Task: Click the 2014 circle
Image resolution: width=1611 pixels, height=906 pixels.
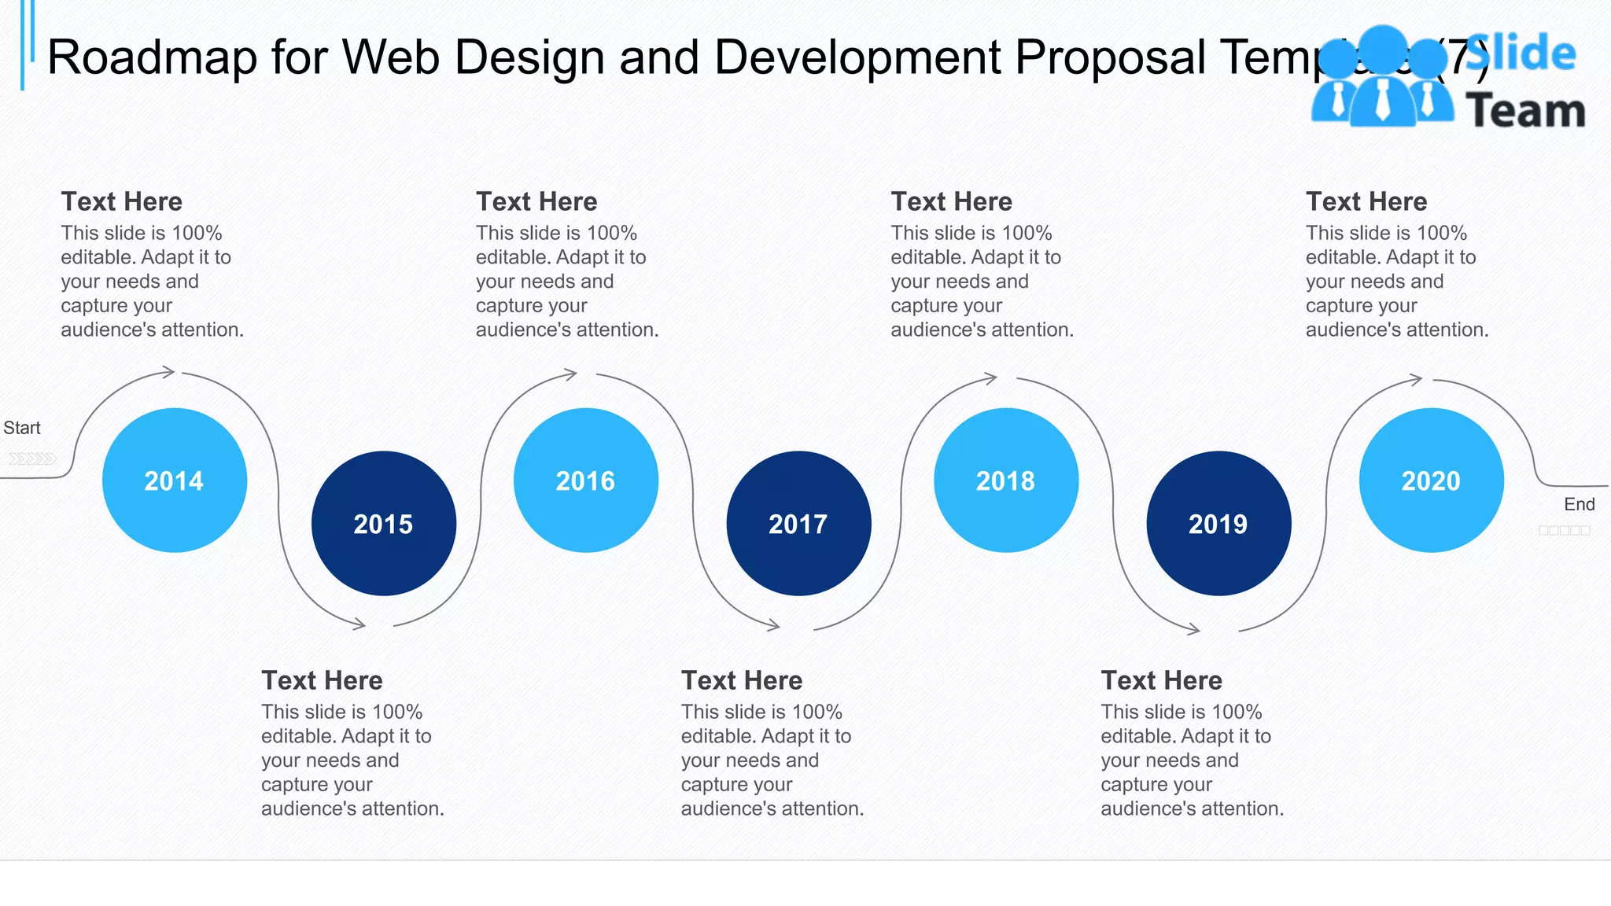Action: click(x=175, y=480)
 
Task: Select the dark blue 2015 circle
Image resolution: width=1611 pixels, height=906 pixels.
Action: click(x=384, y=523)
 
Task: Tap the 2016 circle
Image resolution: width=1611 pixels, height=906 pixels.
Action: click(x=586, y=480)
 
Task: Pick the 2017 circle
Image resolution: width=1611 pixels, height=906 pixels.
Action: click(x=798, y=523)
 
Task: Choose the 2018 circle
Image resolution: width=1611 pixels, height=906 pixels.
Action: click(x=1006, y=480)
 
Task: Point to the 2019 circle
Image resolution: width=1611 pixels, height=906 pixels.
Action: click(x=1218, y=523)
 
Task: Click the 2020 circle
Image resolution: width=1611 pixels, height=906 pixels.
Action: click(x=1432, y=480)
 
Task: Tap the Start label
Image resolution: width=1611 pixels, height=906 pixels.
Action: click(x=22, y=428)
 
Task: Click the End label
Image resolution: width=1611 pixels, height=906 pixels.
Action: click(x=1579, y=504)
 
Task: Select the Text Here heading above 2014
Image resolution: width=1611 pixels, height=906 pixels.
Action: click(x=122, y=201)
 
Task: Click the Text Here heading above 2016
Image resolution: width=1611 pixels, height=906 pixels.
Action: click(x=536, y=201)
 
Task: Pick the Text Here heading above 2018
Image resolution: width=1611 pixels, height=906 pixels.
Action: click(x=951, y=201)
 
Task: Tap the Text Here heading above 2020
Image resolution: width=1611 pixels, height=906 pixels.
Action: click(x=1366, y=201)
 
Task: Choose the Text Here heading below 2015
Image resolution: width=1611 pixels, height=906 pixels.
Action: click(x=322, y=680)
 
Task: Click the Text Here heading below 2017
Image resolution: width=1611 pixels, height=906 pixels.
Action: click(x=742, y=680)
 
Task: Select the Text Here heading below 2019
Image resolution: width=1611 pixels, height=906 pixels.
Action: click(x=1161, y=680)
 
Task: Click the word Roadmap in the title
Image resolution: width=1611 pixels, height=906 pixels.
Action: click(x=152, y=57)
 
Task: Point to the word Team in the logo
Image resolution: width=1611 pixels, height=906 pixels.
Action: click(x=1525, y=110)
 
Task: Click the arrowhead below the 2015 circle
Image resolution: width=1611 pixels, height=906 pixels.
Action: click(x=359, y=624)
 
